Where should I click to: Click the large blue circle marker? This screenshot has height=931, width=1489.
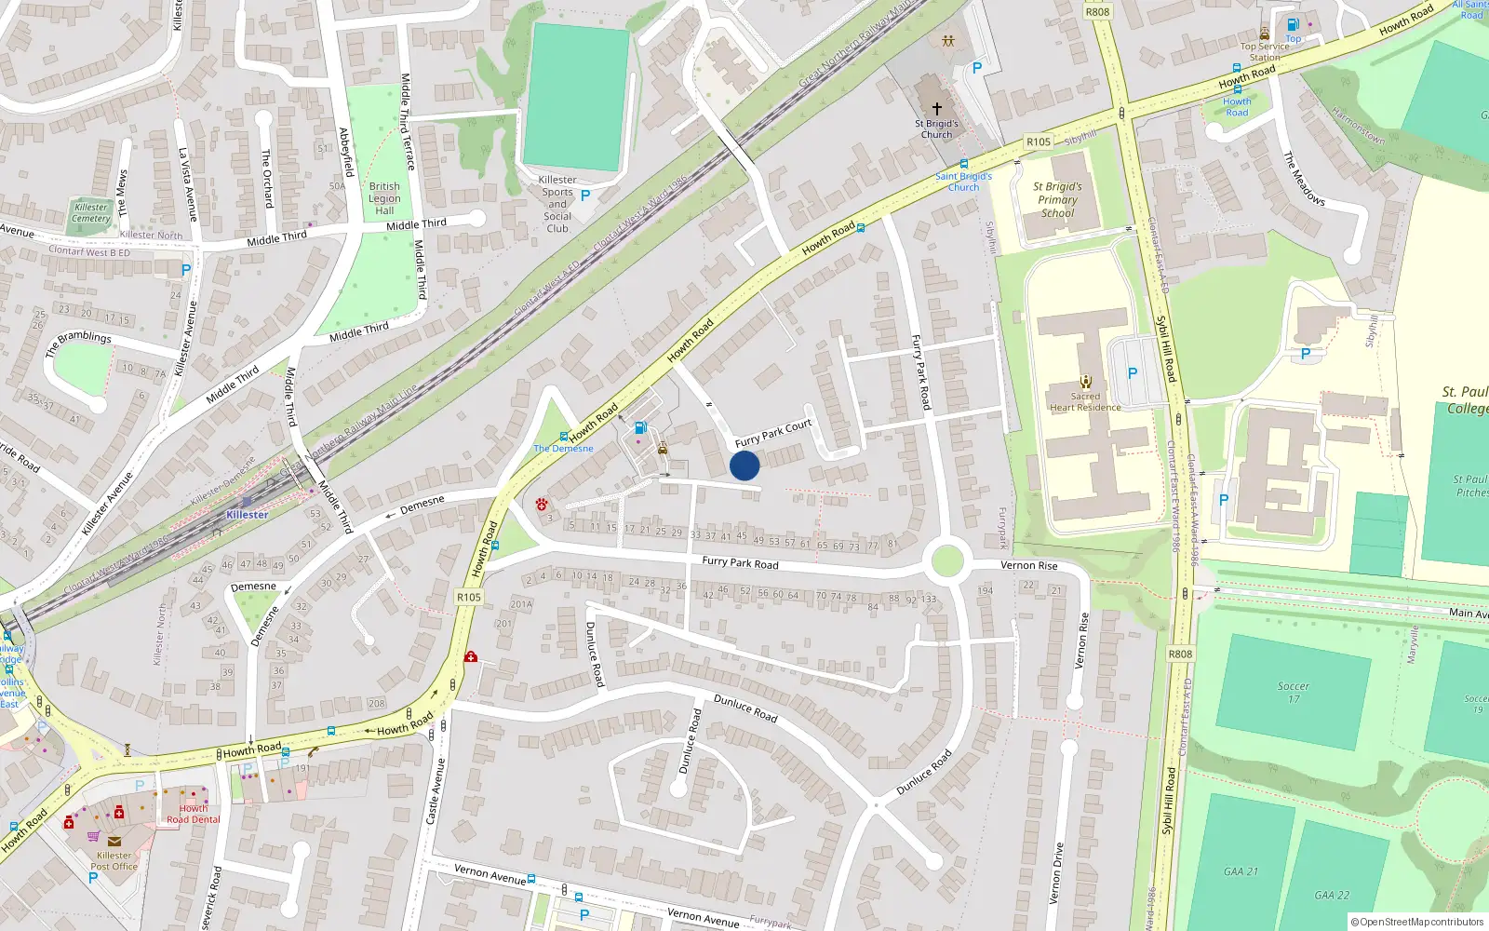(744, 465)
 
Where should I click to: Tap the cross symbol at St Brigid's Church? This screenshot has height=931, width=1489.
(937, 109)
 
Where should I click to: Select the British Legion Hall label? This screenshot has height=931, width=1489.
(384, 198)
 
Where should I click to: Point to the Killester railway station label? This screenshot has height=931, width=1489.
(248, 514)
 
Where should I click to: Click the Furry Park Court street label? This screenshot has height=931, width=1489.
(773, 434)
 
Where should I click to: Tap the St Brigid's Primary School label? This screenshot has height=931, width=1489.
(1057, 199)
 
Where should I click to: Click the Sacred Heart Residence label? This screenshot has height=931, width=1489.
(1085, 401)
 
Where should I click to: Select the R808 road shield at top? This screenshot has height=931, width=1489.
(1097, 11)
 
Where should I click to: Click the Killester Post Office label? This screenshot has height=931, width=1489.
(114, 860)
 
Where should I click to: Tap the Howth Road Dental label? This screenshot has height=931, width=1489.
(194, 814)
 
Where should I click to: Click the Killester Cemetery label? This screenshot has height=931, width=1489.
(91, 213)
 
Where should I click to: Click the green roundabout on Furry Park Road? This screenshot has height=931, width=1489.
(947, 561)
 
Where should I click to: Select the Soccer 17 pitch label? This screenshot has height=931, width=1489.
(1293, 692)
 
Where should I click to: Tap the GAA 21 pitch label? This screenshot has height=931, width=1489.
(1241, 871)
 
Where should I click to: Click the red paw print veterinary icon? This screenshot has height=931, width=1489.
(542, 504)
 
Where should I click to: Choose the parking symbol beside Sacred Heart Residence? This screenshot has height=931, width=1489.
(1133, 373)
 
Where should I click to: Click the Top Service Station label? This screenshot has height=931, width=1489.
(1265, 51)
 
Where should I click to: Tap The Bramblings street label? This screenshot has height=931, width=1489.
(78, 344)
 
